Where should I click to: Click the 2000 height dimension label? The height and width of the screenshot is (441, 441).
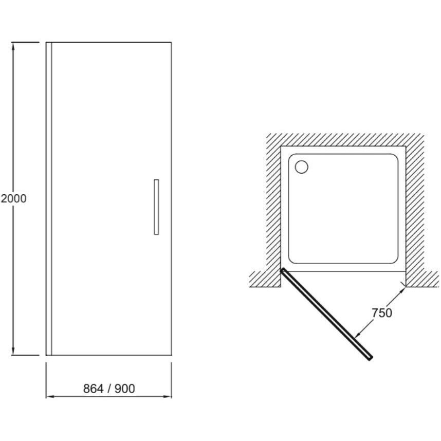(13, 198)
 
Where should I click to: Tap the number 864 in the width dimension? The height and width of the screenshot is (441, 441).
(94, 389)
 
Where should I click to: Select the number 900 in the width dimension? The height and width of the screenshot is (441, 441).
(125, 389)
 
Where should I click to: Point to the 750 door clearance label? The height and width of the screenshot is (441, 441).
(382, 313)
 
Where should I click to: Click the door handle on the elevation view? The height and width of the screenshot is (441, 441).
(156, 207)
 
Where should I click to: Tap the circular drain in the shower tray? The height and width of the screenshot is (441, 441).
(302, 167)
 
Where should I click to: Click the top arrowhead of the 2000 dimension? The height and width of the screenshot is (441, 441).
(13, 46)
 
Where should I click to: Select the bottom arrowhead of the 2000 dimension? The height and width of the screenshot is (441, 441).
(13, 351)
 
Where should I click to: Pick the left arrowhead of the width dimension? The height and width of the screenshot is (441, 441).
(50, 397)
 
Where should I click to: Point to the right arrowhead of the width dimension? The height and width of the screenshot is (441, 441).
(168, 397)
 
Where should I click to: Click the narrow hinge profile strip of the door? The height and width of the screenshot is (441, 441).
(49, 198)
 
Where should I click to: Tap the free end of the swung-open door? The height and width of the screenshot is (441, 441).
(371, 358)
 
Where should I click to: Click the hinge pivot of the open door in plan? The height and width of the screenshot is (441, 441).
(283, 270)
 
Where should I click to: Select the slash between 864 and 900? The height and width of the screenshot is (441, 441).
(109, 389)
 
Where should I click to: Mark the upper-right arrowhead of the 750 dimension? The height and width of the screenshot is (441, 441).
(402, 291)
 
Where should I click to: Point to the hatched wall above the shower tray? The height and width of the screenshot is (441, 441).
(345, 139)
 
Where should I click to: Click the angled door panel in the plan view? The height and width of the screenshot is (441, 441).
(326, 314)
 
